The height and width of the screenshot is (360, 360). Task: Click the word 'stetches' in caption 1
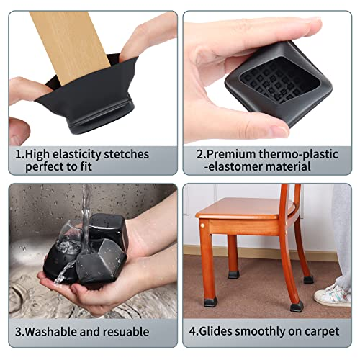(x=126, y=154)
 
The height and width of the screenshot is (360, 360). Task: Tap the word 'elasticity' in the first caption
(x=77, y=155)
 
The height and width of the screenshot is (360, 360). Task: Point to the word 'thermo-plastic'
(x=299, y=155)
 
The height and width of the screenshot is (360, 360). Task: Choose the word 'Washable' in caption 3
(x=51, y=332)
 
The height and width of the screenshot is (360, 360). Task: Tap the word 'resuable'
(x=126, y=332)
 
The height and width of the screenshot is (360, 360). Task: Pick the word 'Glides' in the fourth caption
(x=215, y=331)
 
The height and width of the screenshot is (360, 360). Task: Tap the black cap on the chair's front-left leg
(x=211, y=302)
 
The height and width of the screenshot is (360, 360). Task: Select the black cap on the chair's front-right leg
(x=297, y=307)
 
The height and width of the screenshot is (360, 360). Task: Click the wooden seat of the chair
(x=243, y=208)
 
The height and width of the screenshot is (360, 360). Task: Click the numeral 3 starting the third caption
(x=18, y=332)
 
